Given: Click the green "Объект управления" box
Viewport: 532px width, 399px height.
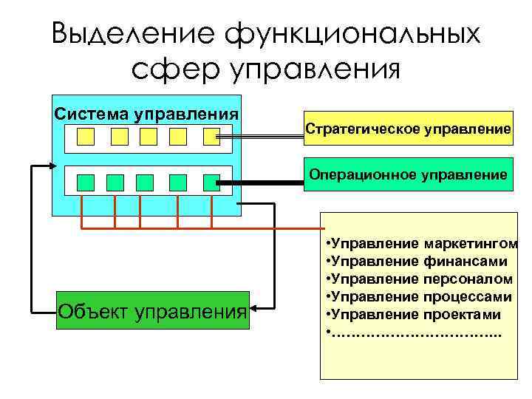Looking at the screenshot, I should pyautogui.click(x=152, y=310).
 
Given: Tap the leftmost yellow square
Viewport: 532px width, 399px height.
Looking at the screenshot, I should pyautogui.click(x=86, y=137).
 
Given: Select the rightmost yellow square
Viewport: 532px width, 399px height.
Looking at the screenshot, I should pyautogui.click(x=212, y=137).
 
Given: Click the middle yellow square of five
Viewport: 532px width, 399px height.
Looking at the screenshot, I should pyautogui.click(x=149, y=137).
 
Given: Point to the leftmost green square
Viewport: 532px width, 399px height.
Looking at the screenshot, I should pyautogui.click(x=86, y=182).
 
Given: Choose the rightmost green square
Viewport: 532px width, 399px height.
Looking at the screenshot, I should pyautogui.click(x=212, y=182).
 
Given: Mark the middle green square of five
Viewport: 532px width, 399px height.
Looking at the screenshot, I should pyautogui.click(x=146, y=182).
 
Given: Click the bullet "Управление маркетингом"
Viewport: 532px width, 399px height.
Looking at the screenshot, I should pyautogui.click(x=420, y=243).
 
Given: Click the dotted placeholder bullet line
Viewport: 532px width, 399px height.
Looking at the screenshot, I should pyautogui.click(x=414, y=333).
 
